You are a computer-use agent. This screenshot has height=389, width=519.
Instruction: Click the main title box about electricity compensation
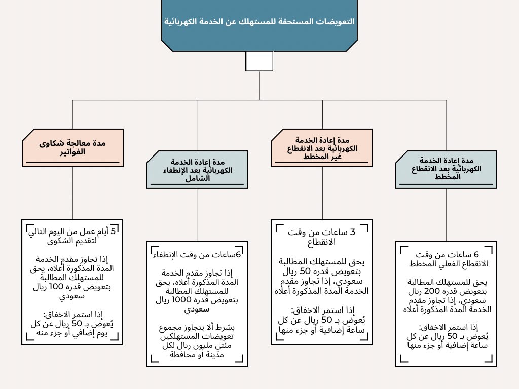(259, 23)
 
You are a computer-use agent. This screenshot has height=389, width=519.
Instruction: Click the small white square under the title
(259, 61)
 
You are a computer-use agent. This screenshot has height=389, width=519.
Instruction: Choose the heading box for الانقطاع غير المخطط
(321, 148)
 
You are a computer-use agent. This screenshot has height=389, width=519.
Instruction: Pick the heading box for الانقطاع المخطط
(446, 169)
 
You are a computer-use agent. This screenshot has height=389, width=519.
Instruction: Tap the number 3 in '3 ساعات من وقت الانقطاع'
(353, 232)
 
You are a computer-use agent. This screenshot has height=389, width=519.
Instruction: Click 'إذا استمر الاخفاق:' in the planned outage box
(446, 327)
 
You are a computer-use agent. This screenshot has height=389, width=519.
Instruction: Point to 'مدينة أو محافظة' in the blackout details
(198, 356)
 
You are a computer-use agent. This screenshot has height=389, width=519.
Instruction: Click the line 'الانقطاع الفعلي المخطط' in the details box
(446, 264)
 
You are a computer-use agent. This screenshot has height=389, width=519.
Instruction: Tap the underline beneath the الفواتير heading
(72, 163)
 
